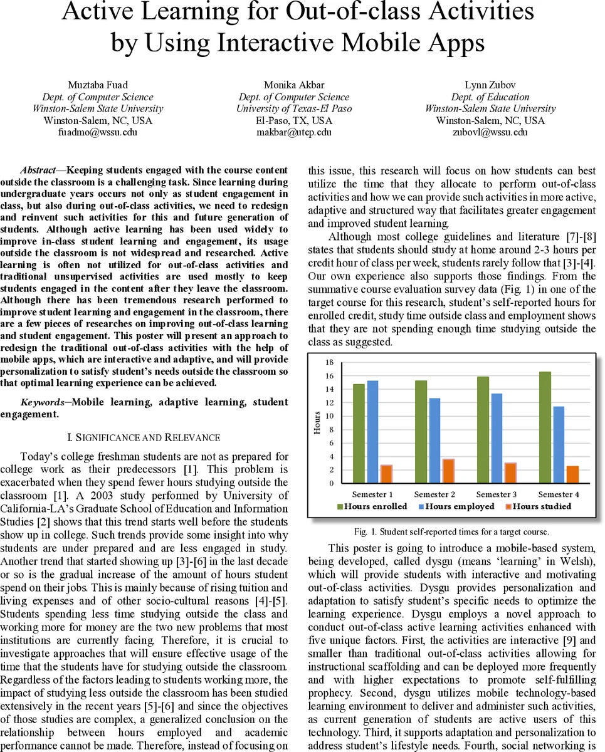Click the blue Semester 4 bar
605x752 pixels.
click(x=557, y=445)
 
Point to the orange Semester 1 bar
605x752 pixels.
click(x=386, y=474)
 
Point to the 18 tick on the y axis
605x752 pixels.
click(x=330, y=363)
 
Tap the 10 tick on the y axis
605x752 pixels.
click(x=330, y=416)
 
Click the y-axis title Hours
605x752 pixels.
click(x=317, y=423)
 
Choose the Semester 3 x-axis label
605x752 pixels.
click(x=497, y=494)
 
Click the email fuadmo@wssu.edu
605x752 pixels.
click(x=98, y=132)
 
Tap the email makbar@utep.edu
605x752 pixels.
click(x=294, y=132)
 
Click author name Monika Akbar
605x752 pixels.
click(x=294, y=85)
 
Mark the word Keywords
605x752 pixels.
click(x=43, y=402)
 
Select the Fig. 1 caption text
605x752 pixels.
click(x=451, y=532)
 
